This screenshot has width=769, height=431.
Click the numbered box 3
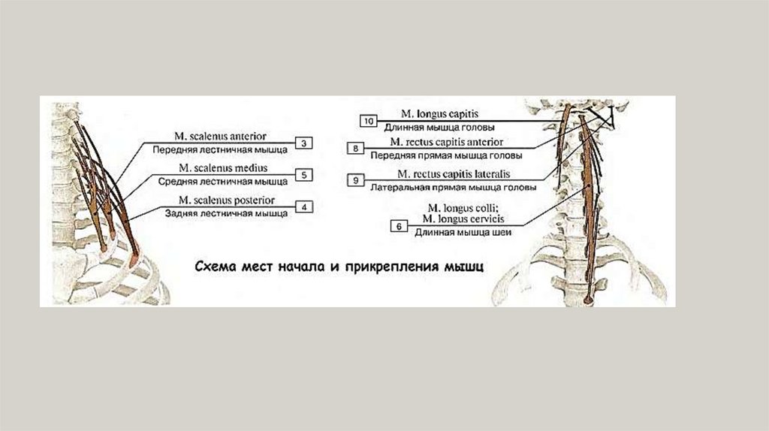pos(303,142)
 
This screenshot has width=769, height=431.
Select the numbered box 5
pos(303,175)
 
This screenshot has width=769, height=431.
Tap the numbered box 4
pos(303,206)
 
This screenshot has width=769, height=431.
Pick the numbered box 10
pos(368,121)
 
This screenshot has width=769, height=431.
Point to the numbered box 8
pos(356,149)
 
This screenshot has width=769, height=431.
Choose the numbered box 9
pos(356,179)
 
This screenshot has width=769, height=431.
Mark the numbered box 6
pos(399,225)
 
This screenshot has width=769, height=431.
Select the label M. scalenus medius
pos(224,168)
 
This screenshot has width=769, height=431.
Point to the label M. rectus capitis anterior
pos(446,142)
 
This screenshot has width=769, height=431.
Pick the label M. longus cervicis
pos(463,219)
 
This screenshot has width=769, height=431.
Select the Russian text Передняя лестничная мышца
pos(219,149)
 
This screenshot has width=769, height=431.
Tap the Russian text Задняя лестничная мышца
pos(226,213)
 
